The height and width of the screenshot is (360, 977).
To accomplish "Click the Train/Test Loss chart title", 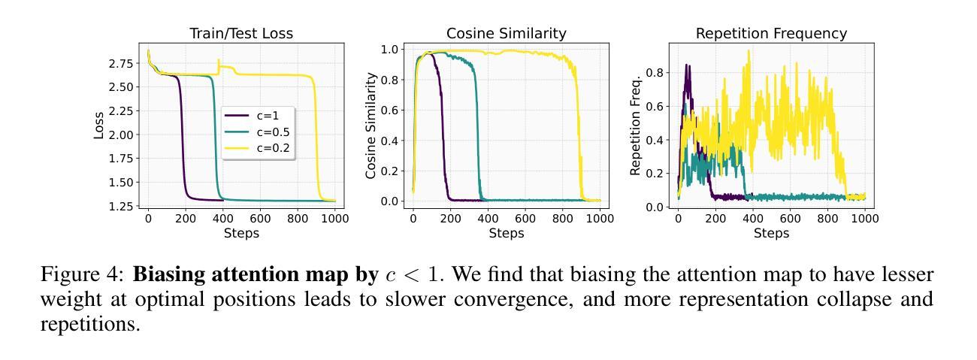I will pyautogui.click(x=241, y=33).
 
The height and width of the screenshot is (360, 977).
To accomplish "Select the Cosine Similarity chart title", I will pyautogui.click(x=506, y=33).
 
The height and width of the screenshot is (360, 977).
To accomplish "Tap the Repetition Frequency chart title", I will pyautogui.click(x=771, y=33).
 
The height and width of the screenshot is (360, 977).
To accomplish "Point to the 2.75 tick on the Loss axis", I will pyautogui.click(x=121, y=63).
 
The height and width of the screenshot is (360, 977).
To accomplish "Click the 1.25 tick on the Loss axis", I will pyautogui.click(x=121, y=206).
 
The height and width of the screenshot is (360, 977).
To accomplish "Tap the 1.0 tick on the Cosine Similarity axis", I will pyautogui.click(x=392, y=50).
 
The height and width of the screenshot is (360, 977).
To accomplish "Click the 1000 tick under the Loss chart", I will pyautogui.click(x=335, y=219).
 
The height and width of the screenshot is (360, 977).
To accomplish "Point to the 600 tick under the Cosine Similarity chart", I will pyautogui.click(x=525, y=219).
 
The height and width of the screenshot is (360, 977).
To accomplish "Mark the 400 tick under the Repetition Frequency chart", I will pyautogui.click(x=753, y=219).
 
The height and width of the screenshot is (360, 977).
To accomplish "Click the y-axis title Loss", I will pyautogui.click(x=99, y=126).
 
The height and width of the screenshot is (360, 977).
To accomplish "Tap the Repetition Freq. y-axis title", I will pyautogui.click(x=636, y=126).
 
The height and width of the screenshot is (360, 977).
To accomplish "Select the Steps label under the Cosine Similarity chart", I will pyautogui.click(x=507, y=233).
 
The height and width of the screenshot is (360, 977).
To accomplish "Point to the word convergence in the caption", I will pyautogui.click(x=480, y=299).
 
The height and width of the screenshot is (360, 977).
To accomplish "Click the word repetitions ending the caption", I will pyautogui.click(x=89, y=325).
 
